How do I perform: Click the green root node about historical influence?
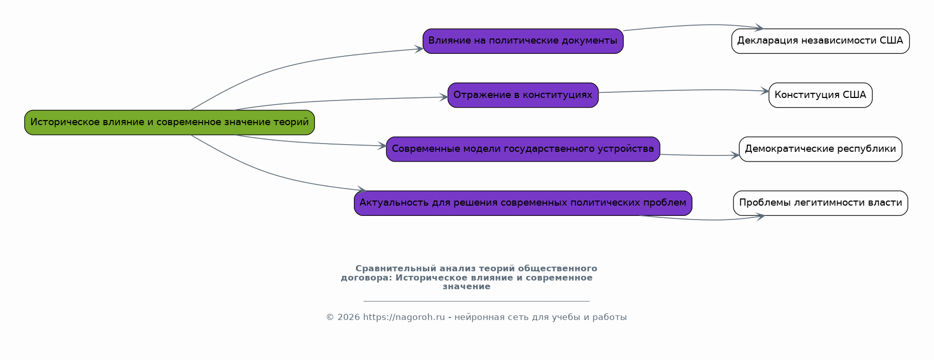(169, 123)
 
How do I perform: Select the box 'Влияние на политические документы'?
(523, 41)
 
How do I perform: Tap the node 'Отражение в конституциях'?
(523, 95)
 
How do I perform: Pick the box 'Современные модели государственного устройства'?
(523, 149)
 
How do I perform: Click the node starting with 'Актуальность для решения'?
(523, 203)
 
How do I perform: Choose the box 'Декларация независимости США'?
(821, 41)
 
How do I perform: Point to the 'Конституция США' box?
(821, 95)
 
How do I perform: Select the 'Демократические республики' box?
(821, 149)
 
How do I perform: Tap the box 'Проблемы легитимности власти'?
(821, 203)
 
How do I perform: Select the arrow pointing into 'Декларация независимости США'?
(692, 25)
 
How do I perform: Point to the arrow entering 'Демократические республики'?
(700, 155)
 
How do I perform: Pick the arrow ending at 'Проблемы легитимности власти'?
(703, 220)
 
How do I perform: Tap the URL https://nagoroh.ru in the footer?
(404, 317)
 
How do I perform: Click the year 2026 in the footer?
(349, 317)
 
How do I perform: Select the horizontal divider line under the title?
(476, 301)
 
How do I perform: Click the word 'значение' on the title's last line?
(467, 287)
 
